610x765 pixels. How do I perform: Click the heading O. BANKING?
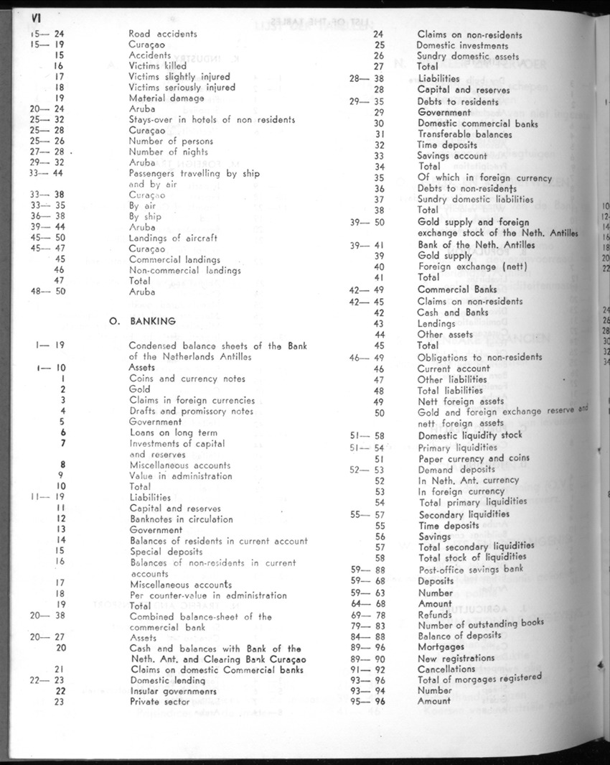(x=136, y=322)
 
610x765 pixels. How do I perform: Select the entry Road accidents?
(x=162, y=34)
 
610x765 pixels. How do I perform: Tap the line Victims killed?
(x=158, y=66)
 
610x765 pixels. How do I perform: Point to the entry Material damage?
(x=166, y=98)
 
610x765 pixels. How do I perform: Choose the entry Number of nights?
(x=169, y=152)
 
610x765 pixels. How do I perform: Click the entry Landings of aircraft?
(x=168, y=238)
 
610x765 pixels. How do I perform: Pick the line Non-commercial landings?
(x=184, y=270)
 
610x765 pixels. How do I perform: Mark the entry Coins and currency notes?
(x=187, y=379)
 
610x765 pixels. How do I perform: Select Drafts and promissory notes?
(x=191, y=411)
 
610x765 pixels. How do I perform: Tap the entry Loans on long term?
(x=173, y=432)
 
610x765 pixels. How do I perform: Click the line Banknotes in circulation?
(x=182, y=519)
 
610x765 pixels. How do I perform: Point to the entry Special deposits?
(x=166, y=552)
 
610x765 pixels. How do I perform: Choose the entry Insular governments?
(x=173, y=691)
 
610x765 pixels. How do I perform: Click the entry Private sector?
(x=160, y=702)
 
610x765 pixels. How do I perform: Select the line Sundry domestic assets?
(x=468, y=56)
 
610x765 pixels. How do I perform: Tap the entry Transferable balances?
(x=465, y=134)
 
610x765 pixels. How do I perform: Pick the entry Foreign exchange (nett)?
(x=467, y=266)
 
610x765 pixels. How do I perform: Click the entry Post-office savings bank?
(x=471, y=569)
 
